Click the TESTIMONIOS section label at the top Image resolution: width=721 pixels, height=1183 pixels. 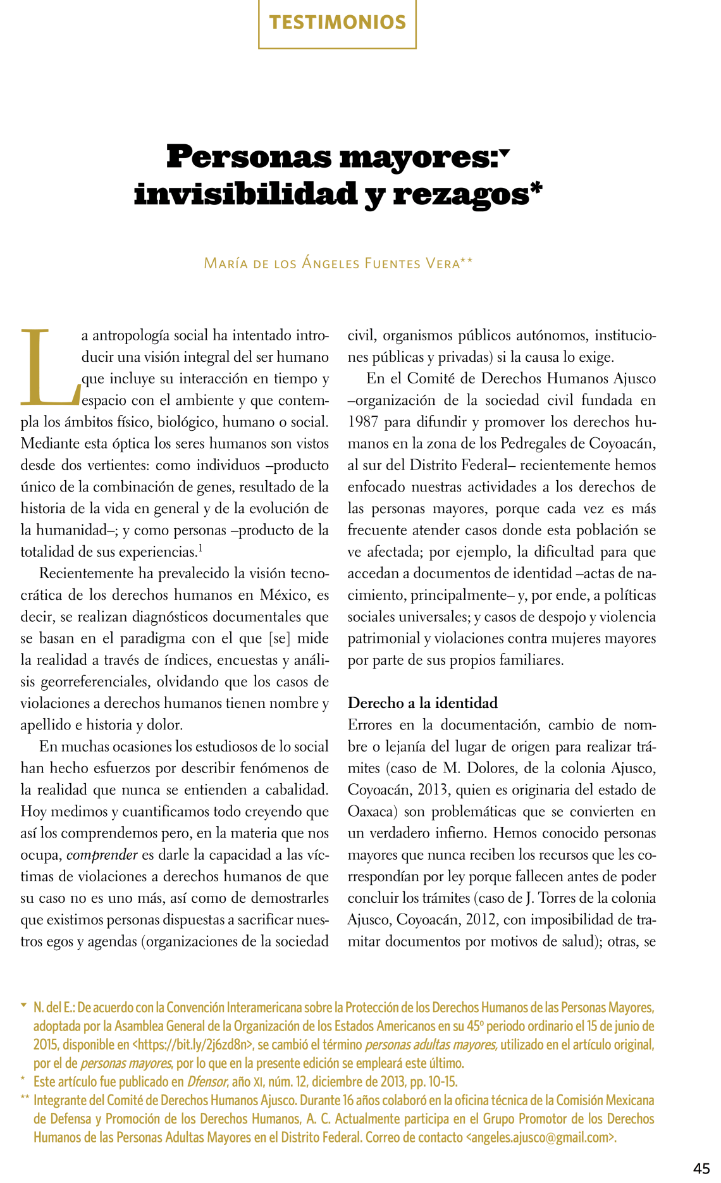tap(337, 23)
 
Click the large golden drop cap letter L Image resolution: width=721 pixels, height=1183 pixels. tap(50, 367)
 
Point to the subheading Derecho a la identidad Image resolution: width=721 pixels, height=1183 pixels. tap(422, 703)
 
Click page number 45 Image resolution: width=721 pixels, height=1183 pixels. tap(701, 1168)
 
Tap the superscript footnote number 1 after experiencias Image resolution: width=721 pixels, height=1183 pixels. tap(200, 548)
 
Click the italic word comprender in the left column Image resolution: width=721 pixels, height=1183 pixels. tap(102, 855)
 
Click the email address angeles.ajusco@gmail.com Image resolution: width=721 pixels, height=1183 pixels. tap(541, 1137)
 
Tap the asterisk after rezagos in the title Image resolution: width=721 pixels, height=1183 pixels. tap(536, 187)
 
